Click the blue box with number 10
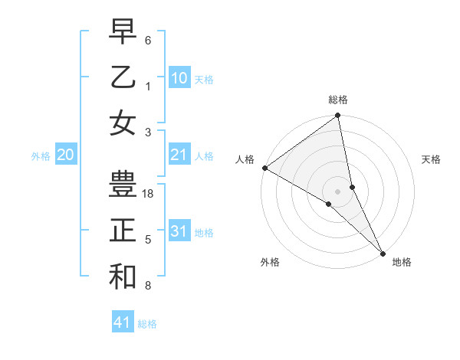pos(179,78)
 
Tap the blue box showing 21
pos(179,155)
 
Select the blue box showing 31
pos(179,231)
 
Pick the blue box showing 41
pos(123,322)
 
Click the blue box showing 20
pos(65,155)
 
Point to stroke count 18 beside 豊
pos(149,194)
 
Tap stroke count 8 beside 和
pos(147,286)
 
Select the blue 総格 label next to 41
pos(147,324)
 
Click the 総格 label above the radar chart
pos(338,100)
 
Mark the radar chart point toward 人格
pos(264,168)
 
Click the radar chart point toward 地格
pos(383,252)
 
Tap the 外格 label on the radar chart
pos(270,263)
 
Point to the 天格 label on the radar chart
pos(431,159)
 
